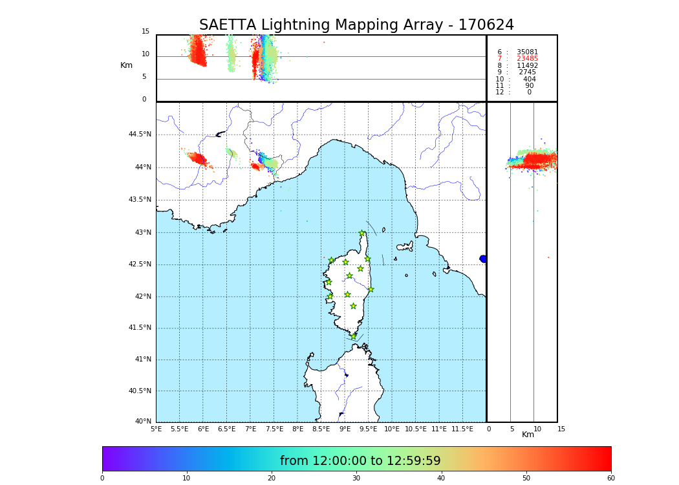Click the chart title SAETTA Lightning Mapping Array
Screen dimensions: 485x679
(356, 25)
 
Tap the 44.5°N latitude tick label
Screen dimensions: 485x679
(140, 135)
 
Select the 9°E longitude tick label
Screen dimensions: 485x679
(345, 429)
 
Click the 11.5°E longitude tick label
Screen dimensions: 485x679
(462, 429)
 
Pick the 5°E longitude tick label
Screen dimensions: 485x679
(156, 429)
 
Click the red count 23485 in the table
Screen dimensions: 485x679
(527, 59)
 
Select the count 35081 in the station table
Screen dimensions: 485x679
(527, 52)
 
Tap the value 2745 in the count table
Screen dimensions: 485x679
(527, 72)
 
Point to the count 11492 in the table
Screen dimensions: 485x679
(527, 65)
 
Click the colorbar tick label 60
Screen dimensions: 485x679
(610, 479)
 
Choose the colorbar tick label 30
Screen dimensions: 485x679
(356, 479)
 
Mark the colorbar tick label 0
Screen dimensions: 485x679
(102, 479)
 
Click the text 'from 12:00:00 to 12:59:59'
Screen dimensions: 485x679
(360, 461)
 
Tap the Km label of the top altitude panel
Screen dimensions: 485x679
(126, 65)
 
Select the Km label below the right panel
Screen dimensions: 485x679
(528, 435)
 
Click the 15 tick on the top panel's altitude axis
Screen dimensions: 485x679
(145, 32)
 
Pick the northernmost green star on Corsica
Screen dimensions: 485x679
(362, 233)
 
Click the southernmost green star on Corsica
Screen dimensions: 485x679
(353, 336)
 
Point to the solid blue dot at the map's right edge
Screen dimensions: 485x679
(483, 259)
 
